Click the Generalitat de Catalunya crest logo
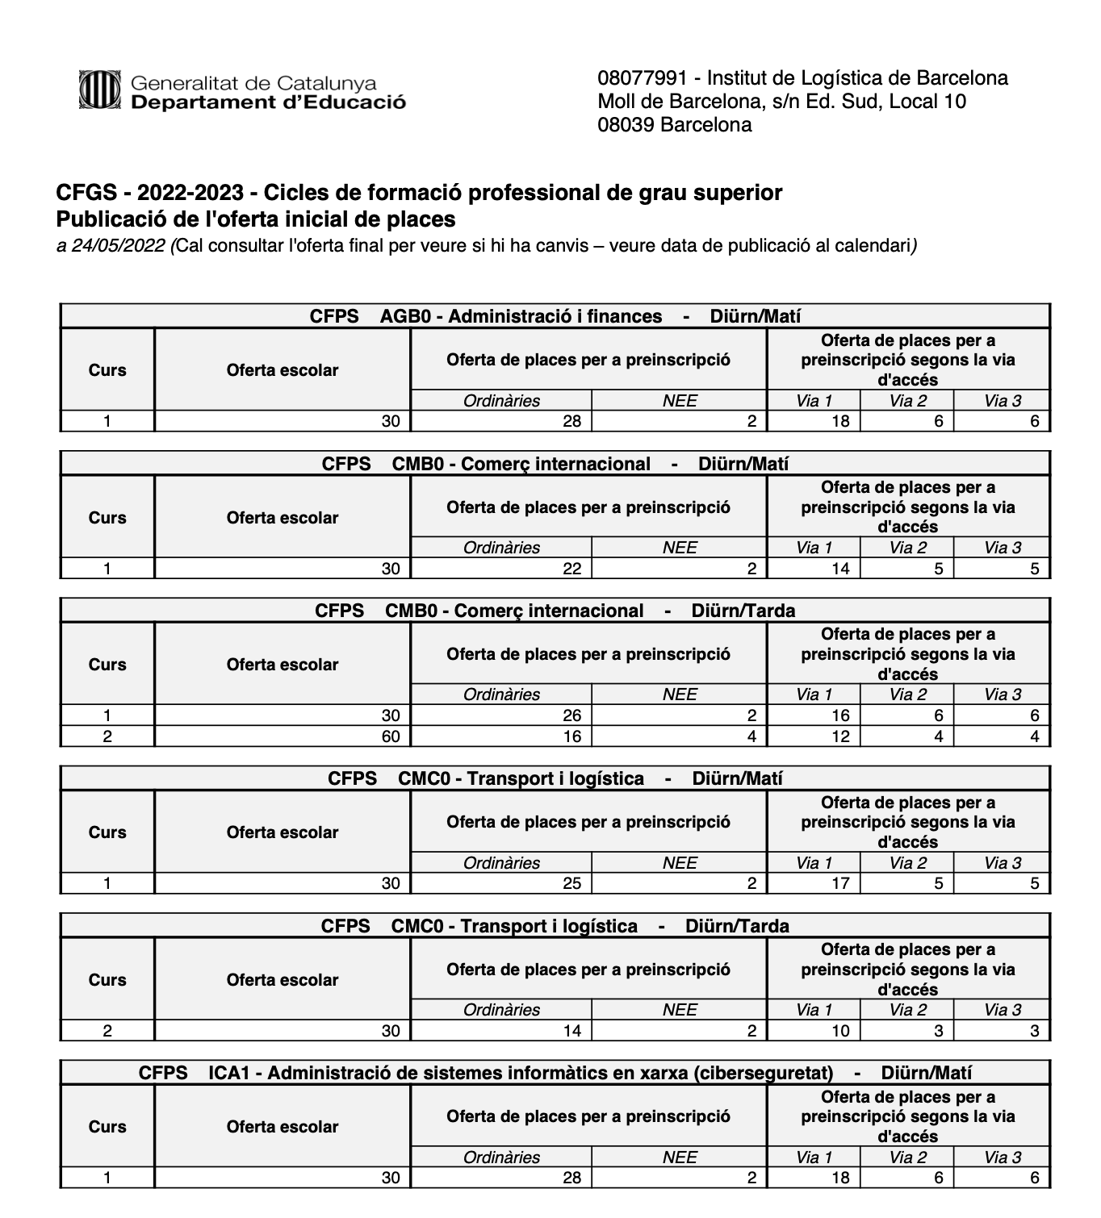[99, 90]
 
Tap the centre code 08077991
[643, 78]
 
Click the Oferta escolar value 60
[391, 736]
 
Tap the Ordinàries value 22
[571, 569]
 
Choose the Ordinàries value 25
[571, 883]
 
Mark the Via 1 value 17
[840, 883]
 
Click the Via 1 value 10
[840, 1031]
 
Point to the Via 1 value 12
[840, 736]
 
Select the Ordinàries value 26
[571, 715]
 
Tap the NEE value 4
[751, 736]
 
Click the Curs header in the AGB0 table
[107, 370]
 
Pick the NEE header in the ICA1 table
[680, 1158]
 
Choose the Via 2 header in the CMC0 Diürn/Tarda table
[908, 1010]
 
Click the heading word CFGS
[83, 193]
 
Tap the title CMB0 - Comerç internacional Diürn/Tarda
[555, 611]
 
